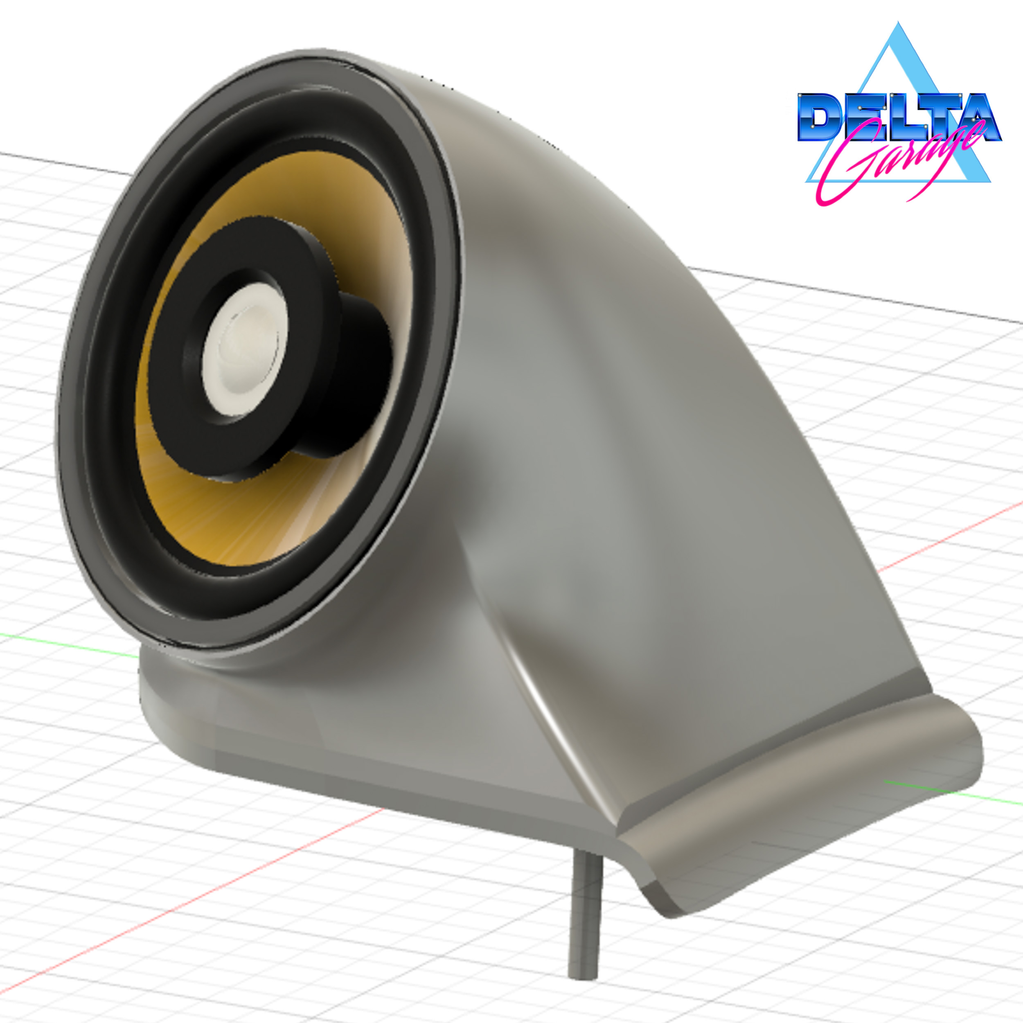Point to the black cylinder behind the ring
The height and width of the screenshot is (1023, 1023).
360,381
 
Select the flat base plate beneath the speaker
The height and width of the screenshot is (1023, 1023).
318,752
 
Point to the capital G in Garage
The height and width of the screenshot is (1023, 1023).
847,164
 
